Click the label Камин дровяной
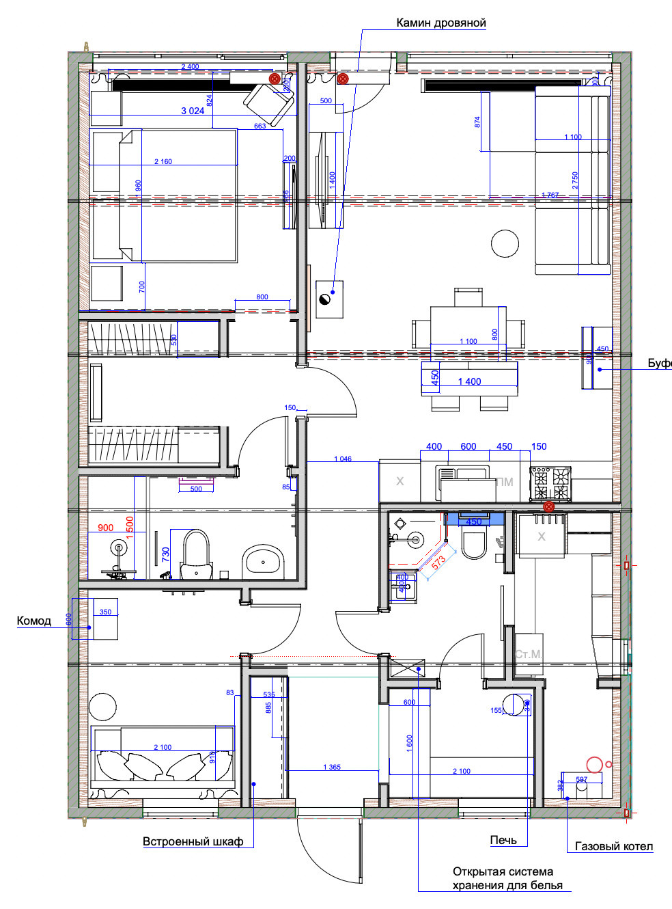click(x=441, y=23)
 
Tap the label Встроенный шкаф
click(x=193, y=841)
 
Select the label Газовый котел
click(x=613, y=846)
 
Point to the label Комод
click(x=33, y=621)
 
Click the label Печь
click(x=503, y=840)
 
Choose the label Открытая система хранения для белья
click(x=507, y=878)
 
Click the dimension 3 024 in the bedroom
click(x=193, y=111)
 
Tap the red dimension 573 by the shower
click(x=438, y=562)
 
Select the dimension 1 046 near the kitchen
click(x=343, y=459)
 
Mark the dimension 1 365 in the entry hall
click(x=332, y=767)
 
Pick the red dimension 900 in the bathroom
click(x=106, y=528)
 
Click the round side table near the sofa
click(x=505, y=243)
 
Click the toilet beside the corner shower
click(x=473, y=543)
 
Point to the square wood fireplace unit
click(x=329, y=299)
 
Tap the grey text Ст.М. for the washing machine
click(x=529, y=654)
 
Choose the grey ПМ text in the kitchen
click(x=505, y=482)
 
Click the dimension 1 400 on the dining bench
click(x=469, y=381)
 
